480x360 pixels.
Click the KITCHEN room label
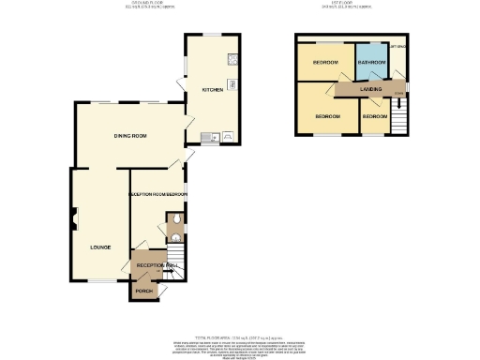pos(212,90)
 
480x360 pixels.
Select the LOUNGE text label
pos(100,247)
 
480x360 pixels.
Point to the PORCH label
pos(143,292)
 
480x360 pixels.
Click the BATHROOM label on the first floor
pos(372,63)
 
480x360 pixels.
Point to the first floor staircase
pos(399,118)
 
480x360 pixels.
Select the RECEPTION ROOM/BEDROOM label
pos(157,194)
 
